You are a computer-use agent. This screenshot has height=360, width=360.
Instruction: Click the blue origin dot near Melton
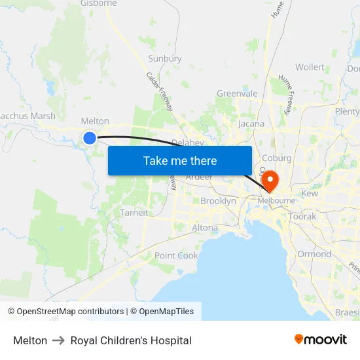click(x=90, y=137)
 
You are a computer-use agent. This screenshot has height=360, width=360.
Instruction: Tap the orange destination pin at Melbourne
click(x=269, y=179)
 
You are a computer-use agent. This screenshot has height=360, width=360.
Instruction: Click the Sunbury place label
click(x=164, y=58)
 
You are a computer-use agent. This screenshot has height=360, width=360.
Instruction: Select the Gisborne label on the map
click(x=98, y=3)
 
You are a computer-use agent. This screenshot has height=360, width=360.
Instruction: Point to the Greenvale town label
click(x=237, y=94)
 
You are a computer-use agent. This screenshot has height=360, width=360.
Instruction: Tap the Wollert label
click(x=310, y=67)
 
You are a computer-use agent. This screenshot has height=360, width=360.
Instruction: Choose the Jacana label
click(x=251, y=123)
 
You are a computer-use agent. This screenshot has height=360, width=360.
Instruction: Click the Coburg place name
click(x=276, y=158)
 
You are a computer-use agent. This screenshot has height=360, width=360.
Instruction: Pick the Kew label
click(x=310, y=194)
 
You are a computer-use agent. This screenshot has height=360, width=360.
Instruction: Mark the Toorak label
click(x=302, y=216)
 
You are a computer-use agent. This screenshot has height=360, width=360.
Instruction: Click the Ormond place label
click(x=314, y=254)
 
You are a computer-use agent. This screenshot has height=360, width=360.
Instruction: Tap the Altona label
click(x=205, y=228)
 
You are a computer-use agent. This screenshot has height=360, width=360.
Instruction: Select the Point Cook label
click(x=176, y=255)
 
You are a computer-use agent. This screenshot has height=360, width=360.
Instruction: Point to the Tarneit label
click(x=134, y=213)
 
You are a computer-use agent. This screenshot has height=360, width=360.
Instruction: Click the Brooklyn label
click(x=218, y=201)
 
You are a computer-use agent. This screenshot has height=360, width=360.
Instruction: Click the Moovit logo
click(x=321, y=339)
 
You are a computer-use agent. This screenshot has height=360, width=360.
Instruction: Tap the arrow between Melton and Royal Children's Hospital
click(x=59, y=340)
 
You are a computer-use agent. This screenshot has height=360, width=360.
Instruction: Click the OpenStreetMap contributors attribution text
click(x=65, y=312)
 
